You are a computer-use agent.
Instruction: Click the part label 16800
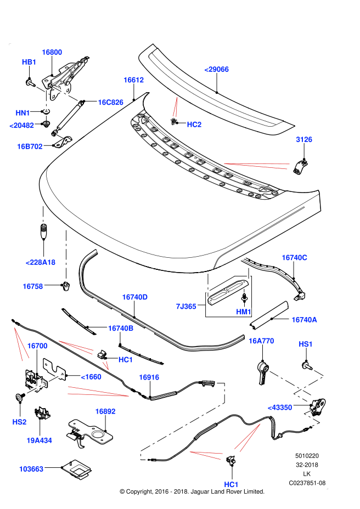tap(52, 52)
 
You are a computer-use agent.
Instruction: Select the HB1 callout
tap(29, 62)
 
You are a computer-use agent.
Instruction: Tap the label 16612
tap(133, 80)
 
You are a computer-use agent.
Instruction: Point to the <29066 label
tap(216, 69)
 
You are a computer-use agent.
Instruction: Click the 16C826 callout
tap(110, 103)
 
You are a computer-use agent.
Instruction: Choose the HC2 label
tap(194, 125)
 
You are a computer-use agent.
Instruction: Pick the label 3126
tap(304, 139)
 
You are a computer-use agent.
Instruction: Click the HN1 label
tap(22, 113)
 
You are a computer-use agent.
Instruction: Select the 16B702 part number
tap(30, 146)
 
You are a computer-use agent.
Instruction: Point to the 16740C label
tap(294, 258)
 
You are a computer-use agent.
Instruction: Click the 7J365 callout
tap(186, 307)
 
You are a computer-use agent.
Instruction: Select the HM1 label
tap(244, 312)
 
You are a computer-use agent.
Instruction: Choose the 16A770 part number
tap(261, 341)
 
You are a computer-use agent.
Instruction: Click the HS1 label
tap(306, 344)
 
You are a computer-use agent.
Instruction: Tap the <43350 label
tap(280, 408)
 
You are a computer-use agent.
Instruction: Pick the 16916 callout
tap(149, 377)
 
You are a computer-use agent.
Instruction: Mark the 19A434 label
tap(39, 440)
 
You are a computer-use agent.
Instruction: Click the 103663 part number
tap(31, 469)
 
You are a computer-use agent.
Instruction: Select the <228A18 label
tap(41, 262)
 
